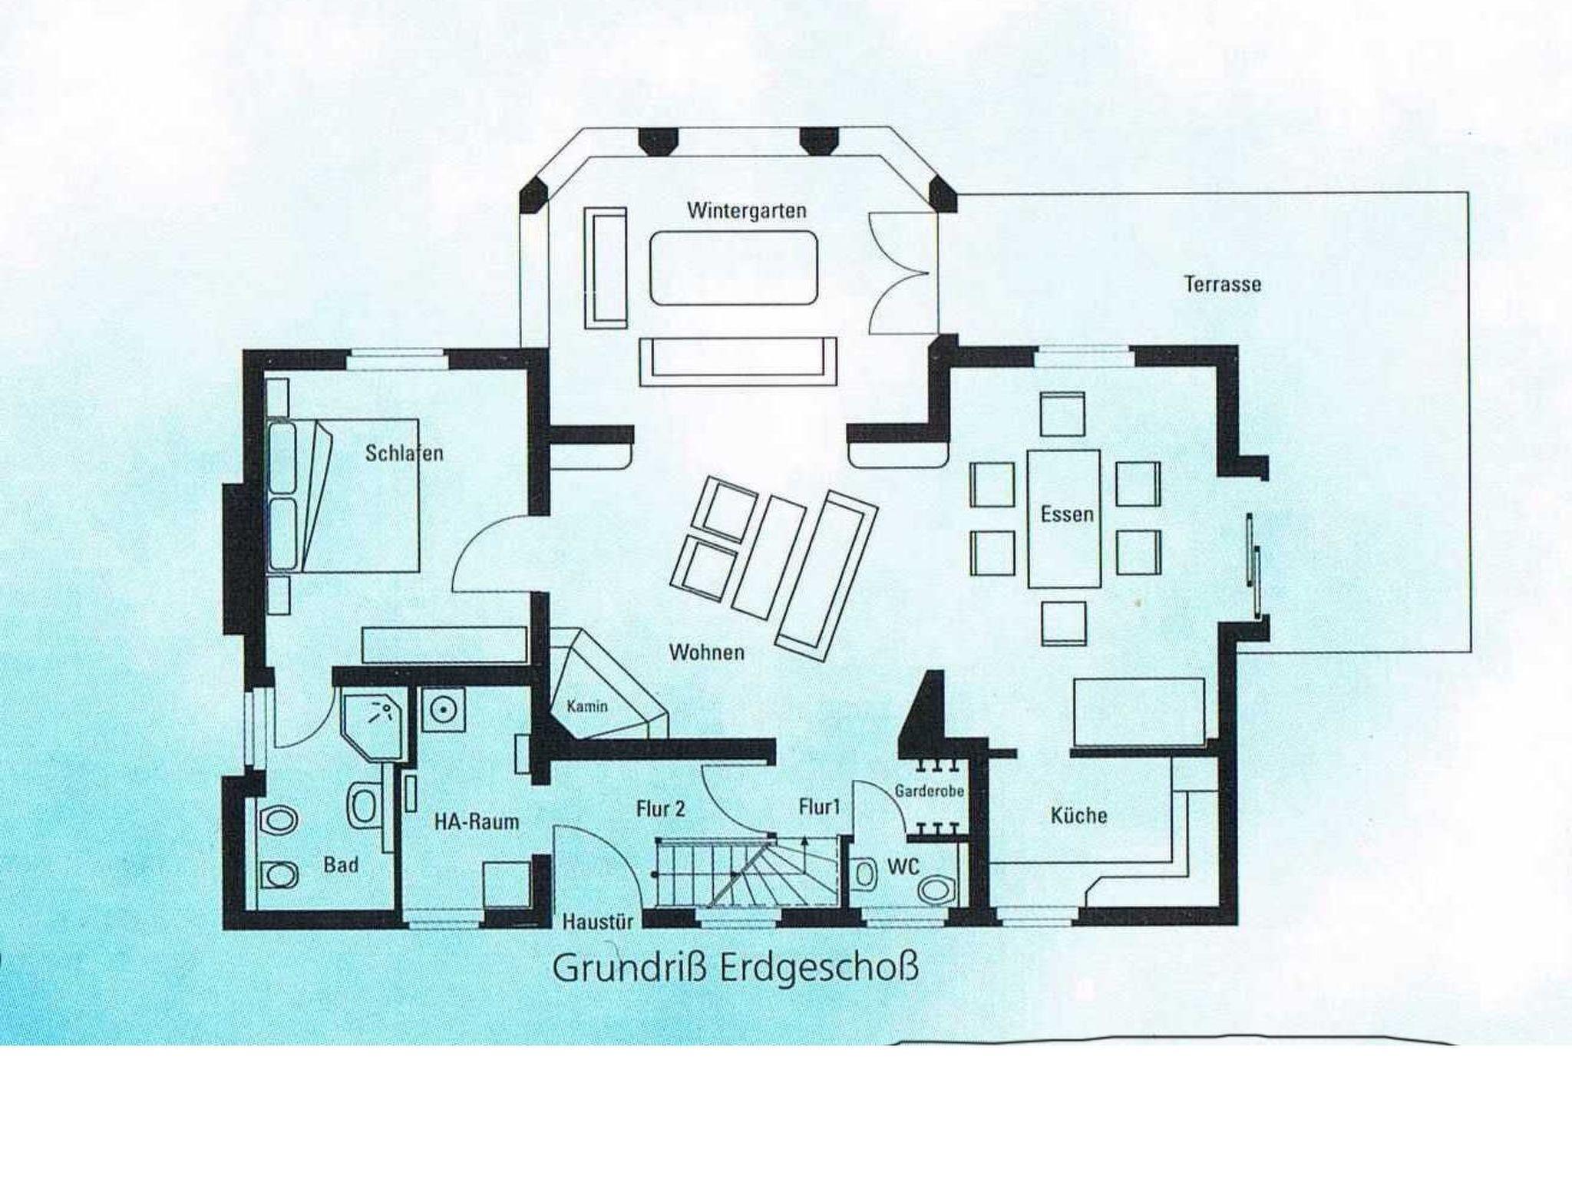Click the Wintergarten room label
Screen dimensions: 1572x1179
coord(747,210)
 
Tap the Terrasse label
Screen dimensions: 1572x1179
coord(1223,284)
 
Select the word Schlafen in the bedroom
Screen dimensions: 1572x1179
coord(405,453)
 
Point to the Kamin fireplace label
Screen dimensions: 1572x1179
coord(587,705)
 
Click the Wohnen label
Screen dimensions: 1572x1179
coord(707,652)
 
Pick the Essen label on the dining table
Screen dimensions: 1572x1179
coord(1067,514)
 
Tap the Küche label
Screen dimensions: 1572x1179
coord(1078,814)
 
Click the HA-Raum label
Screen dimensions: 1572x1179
coord(477,822)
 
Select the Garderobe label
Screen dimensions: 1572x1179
coord(930,791)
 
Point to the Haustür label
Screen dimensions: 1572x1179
coord(598,921)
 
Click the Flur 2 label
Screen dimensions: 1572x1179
coord(660,808)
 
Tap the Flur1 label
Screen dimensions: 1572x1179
coord(820,807)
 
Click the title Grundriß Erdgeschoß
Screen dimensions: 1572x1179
coord(735,969)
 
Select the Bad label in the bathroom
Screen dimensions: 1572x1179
coord(341,865)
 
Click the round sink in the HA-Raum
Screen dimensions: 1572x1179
coord(442,709)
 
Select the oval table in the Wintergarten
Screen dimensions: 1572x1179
coord(732,269)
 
